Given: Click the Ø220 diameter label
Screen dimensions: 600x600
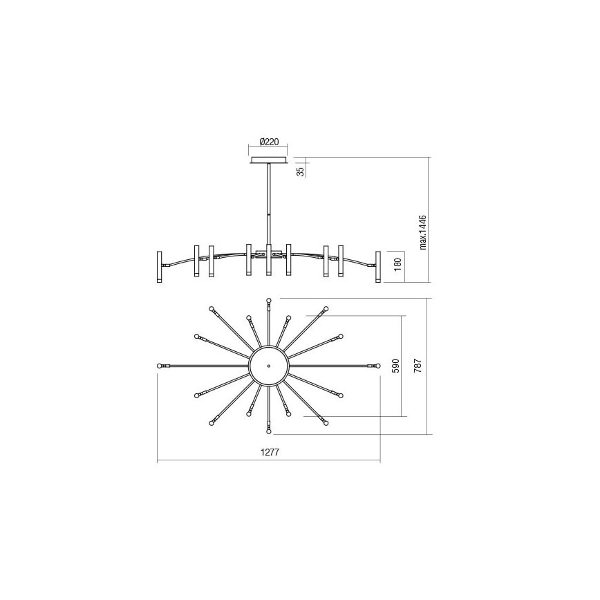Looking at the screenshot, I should tap(269, 142).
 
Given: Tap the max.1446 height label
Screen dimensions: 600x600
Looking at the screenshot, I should tap(423, 232).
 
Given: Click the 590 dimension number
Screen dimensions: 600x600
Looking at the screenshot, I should tap(396, 366).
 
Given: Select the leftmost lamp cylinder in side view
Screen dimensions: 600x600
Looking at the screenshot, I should tap(159, 266).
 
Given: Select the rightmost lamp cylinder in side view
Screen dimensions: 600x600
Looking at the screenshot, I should tap(378, 266).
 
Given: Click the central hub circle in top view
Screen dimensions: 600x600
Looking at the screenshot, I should tap(268, 365).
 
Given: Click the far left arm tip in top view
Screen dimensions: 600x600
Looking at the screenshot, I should tap(160, 365).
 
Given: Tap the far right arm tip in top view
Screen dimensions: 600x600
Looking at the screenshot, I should tap(378, 365).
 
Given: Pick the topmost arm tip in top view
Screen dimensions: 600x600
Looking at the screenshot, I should tap(269, 300).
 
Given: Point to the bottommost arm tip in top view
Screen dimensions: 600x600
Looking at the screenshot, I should tap(269, 432).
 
